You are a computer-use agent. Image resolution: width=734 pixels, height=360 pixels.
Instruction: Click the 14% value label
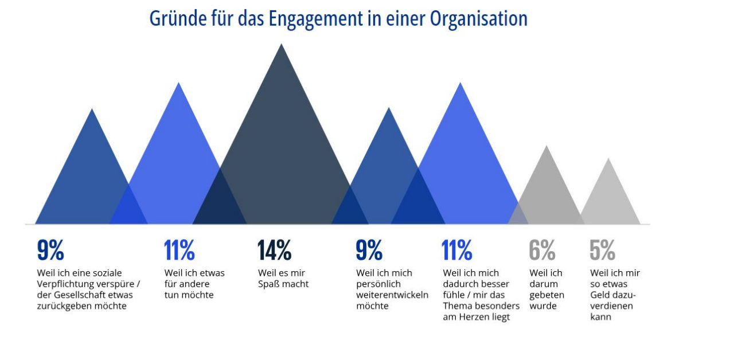(274, 251)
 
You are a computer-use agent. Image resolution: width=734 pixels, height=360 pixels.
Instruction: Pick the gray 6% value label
(542, 251)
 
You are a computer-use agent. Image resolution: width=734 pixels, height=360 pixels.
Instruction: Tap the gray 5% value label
(602, 251)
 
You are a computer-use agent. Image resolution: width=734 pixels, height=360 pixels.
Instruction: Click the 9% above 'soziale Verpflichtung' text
(50, 251)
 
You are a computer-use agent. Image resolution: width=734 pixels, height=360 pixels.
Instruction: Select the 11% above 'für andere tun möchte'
(179, 251)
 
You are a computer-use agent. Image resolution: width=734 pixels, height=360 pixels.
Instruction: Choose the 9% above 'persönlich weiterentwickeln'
(369, 251)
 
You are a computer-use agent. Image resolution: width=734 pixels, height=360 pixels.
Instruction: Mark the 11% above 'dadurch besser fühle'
(457, 251)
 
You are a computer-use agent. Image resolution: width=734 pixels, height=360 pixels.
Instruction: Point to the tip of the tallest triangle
(281, 45)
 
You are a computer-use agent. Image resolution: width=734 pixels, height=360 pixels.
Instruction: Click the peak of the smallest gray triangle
(608, 159)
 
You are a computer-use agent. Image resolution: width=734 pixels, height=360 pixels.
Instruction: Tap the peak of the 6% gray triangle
(546, 147)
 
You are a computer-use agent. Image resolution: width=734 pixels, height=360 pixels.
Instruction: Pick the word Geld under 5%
(601, 295)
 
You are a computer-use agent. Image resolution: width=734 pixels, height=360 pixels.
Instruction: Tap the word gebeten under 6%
(546, 295)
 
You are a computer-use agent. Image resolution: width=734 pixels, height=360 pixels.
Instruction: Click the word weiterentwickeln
(392, 295)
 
